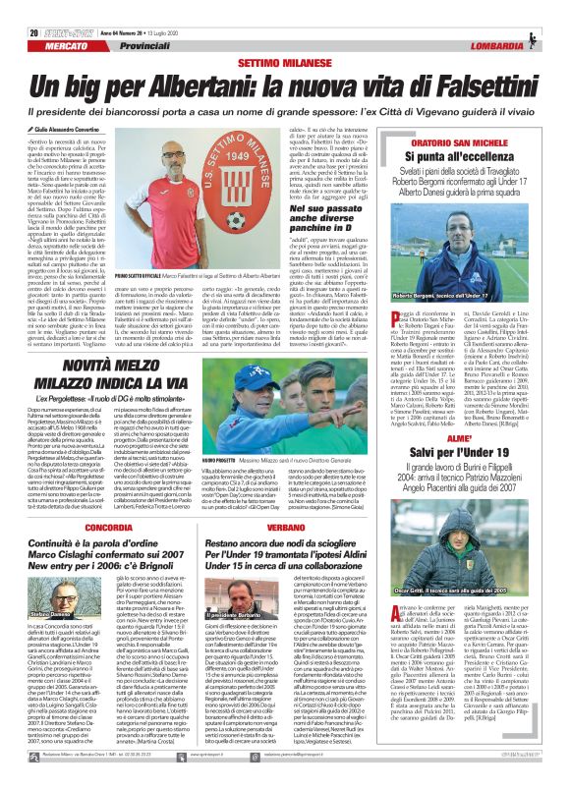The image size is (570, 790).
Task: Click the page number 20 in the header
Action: (20, 10)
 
